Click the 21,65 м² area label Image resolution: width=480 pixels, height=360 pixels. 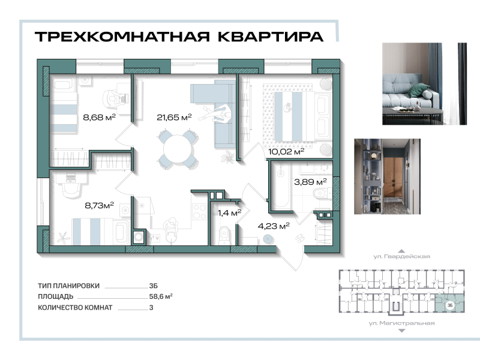[x=173, y=118]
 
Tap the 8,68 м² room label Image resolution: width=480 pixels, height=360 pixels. [x=99, y=118]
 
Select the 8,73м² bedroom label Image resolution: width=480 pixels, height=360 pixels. [x=99, y=205]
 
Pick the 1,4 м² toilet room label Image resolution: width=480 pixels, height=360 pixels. [x=229, y=212]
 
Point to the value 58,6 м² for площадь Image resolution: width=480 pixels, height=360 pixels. [x=161, y=296]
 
